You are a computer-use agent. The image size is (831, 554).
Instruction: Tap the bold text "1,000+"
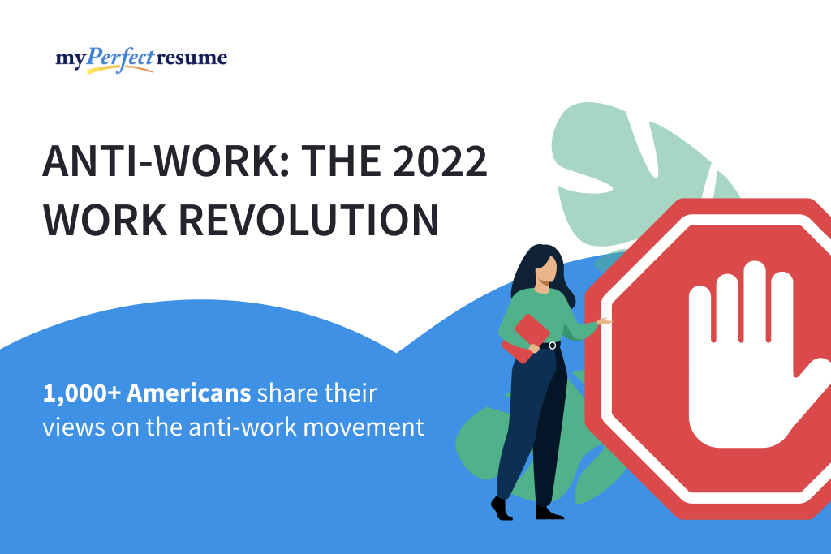(x=80, y=395)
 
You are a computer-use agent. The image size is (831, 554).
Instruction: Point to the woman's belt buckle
(x=552, y=346)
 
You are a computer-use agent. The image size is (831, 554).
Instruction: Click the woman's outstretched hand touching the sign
(x=604, y=321)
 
